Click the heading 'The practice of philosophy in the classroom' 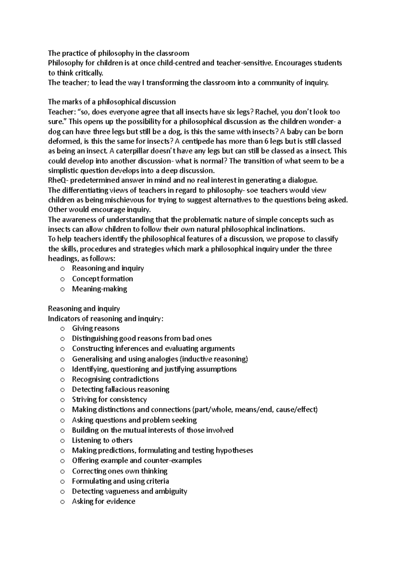coord(118,53)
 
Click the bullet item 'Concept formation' coord(103,279)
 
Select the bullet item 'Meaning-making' coord(99,289)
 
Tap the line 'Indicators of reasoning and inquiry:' coord(106,319)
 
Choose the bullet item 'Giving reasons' coord(96,328)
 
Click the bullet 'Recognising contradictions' coord(115,379)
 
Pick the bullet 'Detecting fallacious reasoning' coord(120,389)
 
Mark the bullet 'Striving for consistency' coord(109,399)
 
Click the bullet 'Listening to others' coord(102,440)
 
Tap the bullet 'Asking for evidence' coord(104,501)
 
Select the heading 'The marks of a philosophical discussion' coord(112,102)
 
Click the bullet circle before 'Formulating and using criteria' coord(63,482)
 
